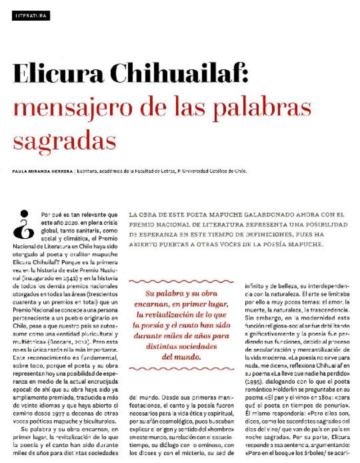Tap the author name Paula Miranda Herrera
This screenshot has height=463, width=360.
click(x=42, y=171)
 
